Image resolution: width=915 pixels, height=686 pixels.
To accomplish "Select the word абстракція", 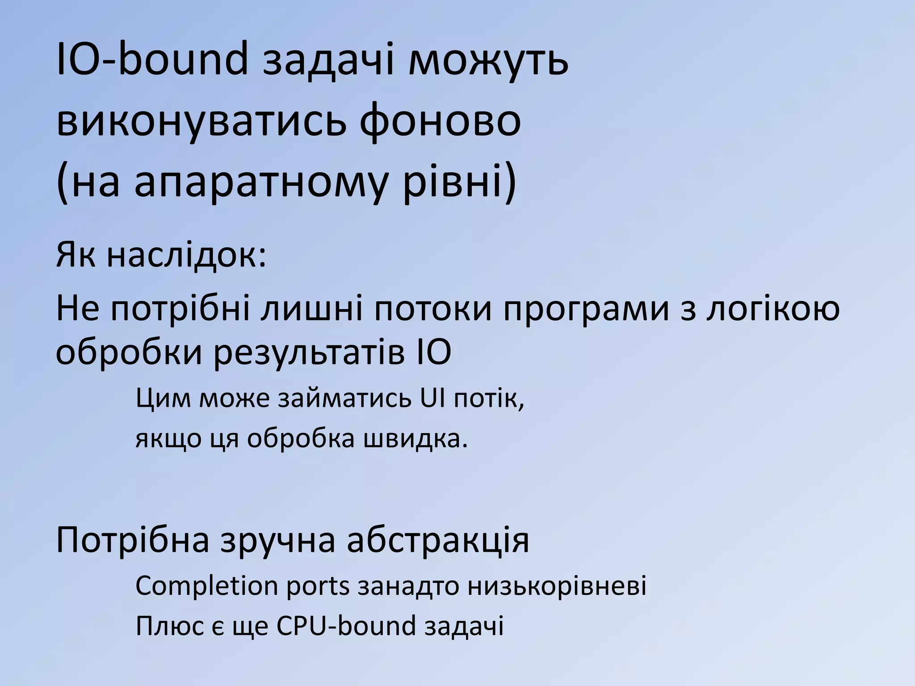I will click(438, 540).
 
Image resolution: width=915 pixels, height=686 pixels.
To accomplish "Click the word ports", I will click(318, 586).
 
